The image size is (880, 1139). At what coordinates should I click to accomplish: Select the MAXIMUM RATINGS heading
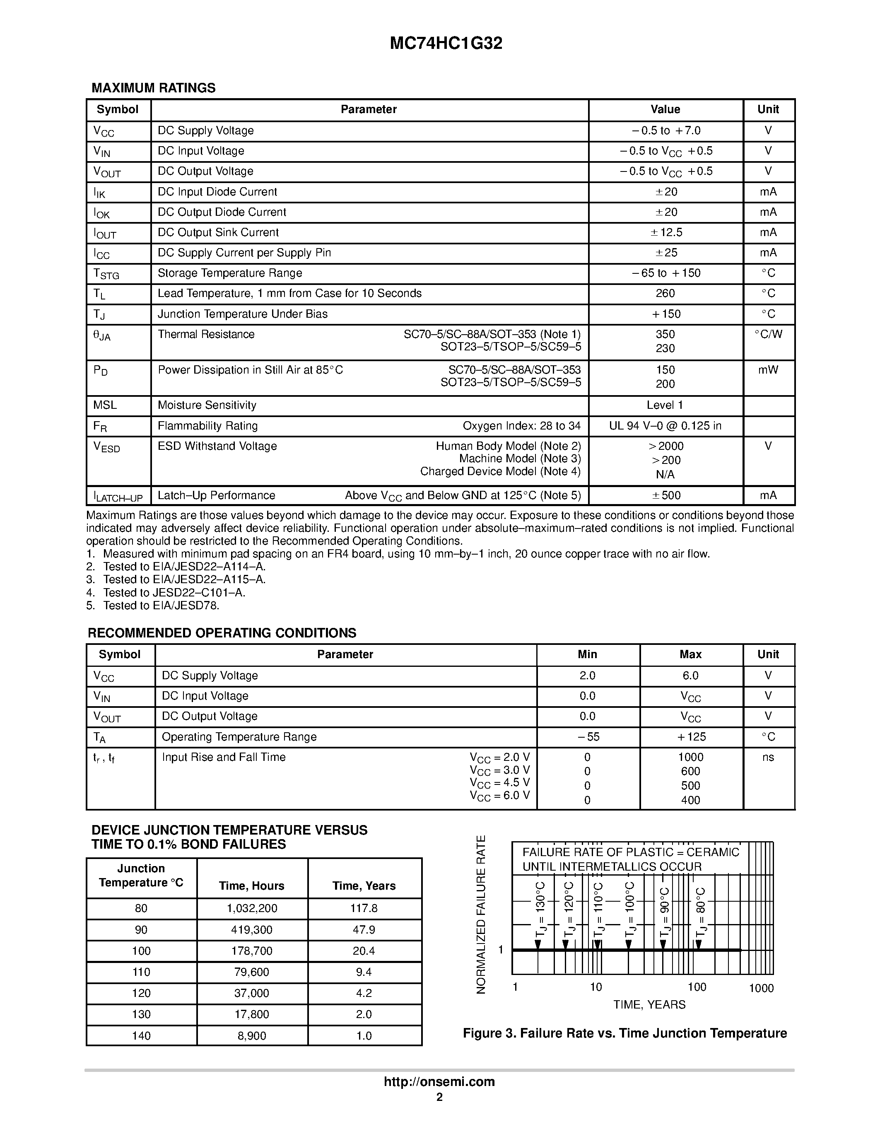tap(153, 88)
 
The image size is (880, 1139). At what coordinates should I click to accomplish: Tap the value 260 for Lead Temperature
tap(665, 293)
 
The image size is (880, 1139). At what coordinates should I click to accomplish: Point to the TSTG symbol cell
tap(106, 273)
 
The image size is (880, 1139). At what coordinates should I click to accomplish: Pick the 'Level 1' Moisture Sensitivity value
tap(665, 405)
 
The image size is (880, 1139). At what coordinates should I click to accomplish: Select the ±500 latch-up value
tap(666, 495)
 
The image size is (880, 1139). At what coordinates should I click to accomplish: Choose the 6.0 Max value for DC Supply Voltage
tap(690, 676)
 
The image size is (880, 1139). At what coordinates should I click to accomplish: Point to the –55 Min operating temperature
tap(588, 737)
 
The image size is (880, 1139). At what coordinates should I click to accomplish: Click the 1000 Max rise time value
tap(690, 757)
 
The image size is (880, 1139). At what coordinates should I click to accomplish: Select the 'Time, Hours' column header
tap(251, 886)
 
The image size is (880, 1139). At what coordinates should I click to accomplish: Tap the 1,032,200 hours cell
tap(251, 908)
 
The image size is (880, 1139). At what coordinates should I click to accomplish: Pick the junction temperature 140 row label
tap(141, 1036)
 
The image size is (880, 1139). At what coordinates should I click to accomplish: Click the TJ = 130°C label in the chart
tap(540, 910)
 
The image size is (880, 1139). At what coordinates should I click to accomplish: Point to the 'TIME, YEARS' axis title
tap(649, 1004)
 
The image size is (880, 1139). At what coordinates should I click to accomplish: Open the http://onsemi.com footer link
tap(439, 1081)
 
